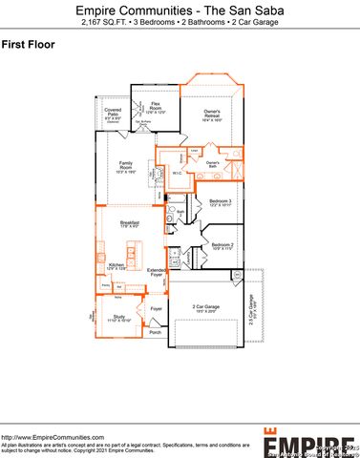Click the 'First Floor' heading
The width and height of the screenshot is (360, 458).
coord(29,44)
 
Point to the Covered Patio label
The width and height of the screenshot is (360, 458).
coord(114,114)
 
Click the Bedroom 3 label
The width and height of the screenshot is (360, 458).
coord(222,203)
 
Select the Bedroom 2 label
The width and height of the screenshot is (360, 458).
coord(222,244)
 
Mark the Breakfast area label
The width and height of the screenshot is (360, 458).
coord(117,223)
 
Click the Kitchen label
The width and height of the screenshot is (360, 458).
coord(116,265)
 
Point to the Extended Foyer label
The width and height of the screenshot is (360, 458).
coord(156,273)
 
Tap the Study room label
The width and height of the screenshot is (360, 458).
coord(118,317)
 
